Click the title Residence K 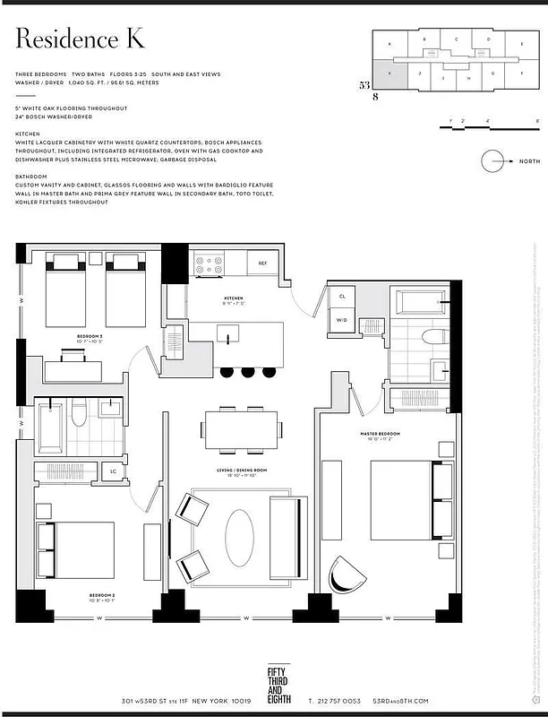[x=80, y=40]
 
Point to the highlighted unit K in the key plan [x=390, y=76]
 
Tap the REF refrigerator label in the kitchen [x=262, y=263]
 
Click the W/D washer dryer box [x=342, y=319]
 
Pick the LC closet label [x=113, y=471]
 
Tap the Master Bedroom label [x=381, y=434]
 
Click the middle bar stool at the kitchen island [x=247, y=372]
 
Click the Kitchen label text [x=235, y=298]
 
